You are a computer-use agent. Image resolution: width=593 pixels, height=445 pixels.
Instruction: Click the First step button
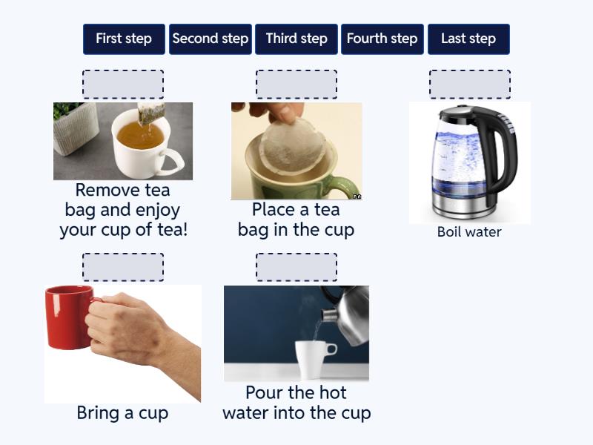(124, 39)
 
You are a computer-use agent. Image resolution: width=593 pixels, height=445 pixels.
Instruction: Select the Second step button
(211, 39)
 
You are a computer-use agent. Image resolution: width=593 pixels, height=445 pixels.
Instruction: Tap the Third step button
(296, 39)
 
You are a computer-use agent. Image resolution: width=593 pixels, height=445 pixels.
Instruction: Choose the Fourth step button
(382, 39)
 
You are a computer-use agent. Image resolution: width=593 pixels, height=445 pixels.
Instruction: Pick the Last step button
(468, 39)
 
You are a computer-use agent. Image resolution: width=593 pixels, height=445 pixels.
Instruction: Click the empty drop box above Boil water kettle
(470, 85)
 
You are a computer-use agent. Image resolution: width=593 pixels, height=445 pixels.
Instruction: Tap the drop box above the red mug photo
(123, 267)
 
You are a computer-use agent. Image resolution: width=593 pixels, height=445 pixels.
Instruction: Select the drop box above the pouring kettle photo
(296, 267)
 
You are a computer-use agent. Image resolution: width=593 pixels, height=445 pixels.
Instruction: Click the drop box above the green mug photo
(296, 85)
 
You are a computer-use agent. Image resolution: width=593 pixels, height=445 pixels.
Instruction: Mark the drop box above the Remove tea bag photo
(123, 85)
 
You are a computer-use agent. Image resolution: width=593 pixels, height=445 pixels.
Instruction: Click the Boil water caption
(469, 231)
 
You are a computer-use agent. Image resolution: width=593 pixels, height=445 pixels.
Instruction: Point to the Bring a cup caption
(122, 413)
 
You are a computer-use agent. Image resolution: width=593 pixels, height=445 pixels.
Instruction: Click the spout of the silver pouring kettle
(328, 314)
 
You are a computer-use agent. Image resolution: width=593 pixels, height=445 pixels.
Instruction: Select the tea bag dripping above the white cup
(151, 113)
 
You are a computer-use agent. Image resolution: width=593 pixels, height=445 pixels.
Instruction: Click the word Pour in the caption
(265, 393)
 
